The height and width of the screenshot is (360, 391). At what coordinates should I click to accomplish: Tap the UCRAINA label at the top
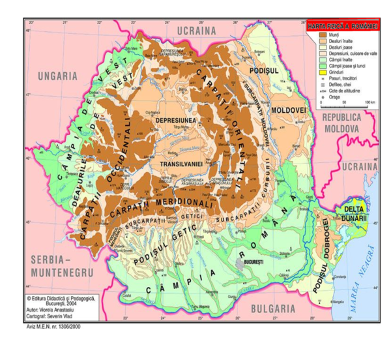click(x=196, y=31)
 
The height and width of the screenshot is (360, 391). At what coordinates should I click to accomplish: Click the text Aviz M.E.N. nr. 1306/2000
click(x=50, y=326)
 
